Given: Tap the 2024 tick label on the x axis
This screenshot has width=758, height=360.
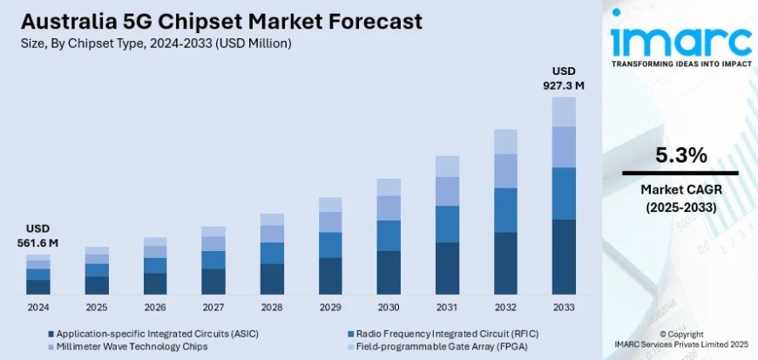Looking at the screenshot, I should pos(38,307).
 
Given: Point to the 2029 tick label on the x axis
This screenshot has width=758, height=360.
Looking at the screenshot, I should pos(330,307).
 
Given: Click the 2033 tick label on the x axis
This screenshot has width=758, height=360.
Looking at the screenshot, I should pos(564,307).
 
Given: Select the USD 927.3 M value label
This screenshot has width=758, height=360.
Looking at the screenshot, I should pos(564,78).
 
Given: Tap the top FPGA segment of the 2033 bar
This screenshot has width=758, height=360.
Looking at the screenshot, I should pos(564,112).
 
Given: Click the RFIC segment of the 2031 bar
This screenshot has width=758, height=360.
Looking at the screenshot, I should pos(447,224).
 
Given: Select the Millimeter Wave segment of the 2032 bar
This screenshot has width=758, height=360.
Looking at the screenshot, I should pos(505,171).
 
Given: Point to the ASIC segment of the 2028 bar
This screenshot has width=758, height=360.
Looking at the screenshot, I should pos(272,279).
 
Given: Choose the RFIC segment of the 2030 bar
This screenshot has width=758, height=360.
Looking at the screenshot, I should pos(389,235).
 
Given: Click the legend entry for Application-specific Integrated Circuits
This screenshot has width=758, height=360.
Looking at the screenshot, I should pos(152,333).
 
